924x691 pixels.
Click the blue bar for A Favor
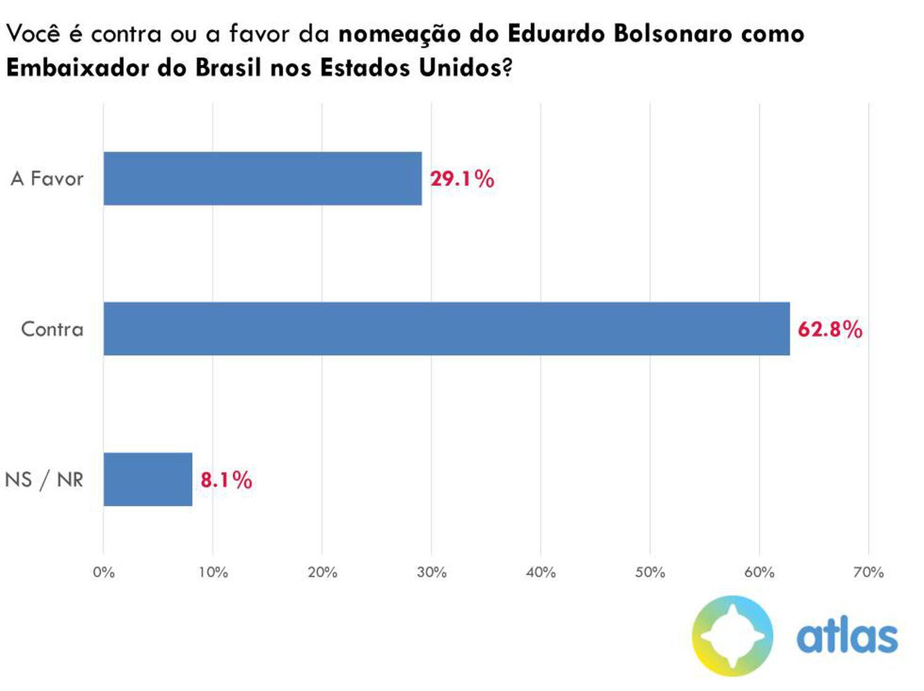click(262, 179)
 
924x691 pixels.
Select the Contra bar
click(446, 329)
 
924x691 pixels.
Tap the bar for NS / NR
click(148, 479)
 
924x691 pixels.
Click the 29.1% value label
click(462, 179)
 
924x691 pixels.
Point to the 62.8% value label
click(830, 329)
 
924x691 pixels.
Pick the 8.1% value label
click(226, 480)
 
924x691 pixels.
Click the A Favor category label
click(47, 179)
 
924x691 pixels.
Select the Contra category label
click(52, 329)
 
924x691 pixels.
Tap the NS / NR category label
click(44, 479)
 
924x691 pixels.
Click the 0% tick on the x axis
click(103, 573)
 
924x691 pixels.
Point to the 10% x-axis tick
click(213, 573)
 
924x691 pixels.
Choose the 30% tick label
click(432, 573)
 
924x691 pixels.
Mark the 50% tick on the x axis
click(650, 573)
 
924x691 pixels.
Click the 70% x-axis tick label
click(869, 573)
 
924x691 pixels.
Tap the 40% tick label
click(541, 573)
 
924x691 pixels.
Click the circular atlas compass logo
click(732, 636)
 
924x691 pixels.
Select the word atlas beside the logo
click(847, 637)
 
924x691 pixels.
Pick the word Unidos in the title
click(460, 67)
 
